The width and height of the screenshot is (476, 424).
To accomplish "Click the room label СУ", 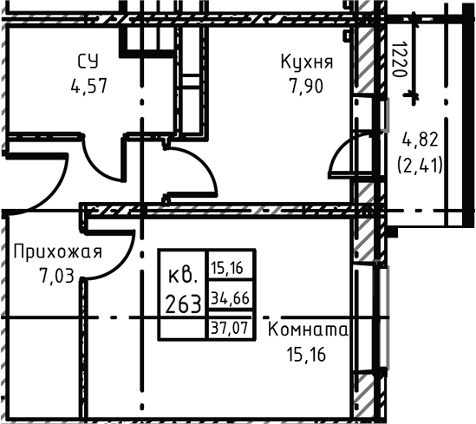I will click(x=87, y=62).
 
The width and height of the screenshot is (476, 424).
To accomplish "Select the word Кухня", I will click(x=306, y=62).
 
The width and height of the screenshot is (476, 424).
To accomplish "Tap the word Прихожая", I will click(x=58, y=252).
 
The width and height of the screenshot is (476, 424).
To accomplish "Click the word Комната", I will click(x=308, y=330).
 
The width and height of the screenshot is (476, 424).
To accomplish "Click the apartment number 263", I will click(x=183, y=303).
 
